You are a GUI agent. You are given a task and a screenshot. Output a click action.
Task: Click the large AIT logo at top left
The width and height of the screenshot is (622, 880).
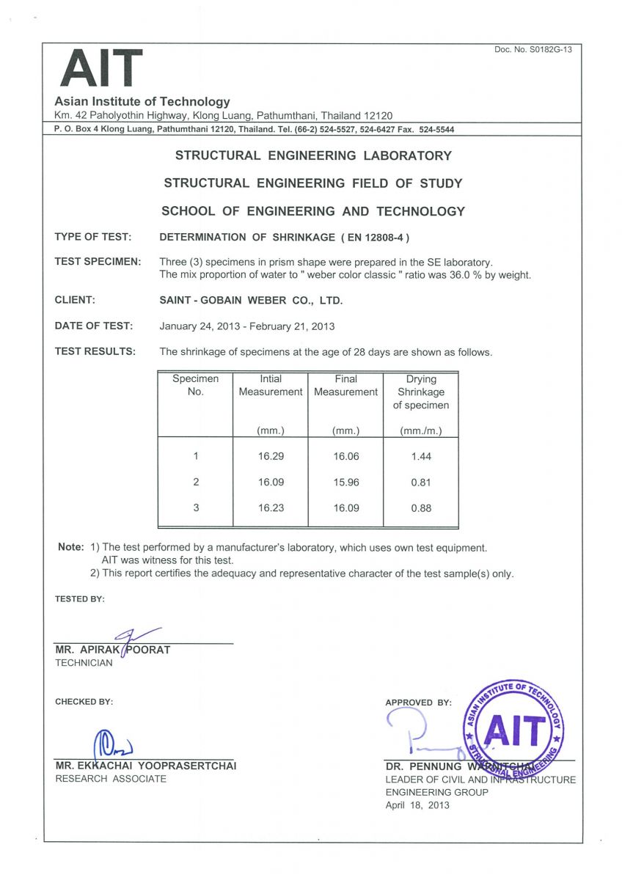point(101,67)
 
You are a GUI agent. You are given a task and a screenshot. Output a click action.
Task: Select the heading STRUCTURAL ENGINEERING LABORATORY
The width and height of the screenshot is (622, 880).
point(313,155)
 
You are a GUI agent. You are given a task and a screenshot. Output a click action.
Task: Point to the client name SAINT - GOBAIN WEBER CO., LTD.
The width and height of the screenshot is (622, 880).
point(251,300)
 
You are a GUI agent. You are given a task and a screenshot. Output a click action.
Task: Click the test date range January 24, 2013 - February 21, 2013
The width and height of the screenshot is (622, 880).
point(246,326)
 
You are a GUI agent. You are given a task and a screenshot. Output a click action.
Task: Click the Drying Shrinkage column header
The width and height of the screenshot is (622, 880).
point(421,392)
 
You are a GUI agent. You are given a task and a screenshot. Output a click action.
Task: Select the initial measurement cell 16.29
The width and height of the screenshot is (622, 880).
point(271,456)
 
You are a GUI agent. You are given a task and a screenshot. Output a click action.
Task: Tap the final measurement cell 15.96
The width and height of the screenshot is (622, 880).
point(345,482)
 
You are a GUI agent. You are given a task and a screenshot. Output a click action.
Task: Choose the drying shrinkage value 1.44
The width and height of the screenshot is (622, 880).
point(421,456)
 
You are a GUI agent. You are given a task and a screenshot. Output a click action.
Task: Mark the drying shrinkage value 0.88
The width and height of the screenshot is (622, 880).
point(421,507)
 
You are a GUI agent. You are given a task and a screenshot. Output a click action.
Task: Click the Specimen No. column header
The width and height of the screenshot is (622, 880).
point(195,385)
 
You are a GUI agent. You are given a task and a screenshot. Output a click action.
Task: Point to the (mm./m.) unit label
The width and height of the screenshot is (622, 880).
point(421,431)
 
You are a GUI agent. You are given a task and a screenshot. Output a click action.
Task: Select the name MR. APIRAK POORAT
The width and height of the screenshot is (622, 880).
point(112,650)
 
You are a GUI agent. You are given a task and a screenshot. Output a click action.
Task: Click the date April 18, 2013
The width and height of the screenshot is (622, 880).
point(417,805)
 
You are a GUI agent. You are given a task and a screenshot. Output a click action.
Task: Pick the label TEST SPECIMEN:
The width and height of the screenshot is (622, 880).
point(98,262)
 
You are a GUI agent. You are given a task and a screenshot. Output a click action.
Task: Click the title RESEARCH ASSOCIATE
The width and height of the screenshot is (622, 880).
point(111,779)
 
